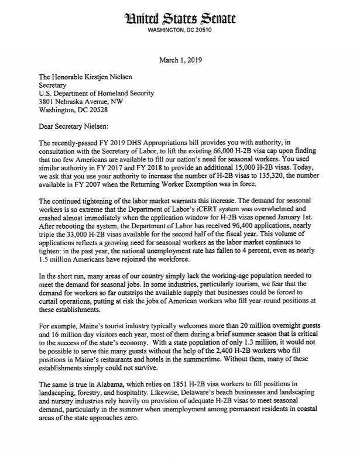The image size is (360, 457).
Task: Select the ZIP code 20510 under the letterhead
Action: (201, 30)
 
